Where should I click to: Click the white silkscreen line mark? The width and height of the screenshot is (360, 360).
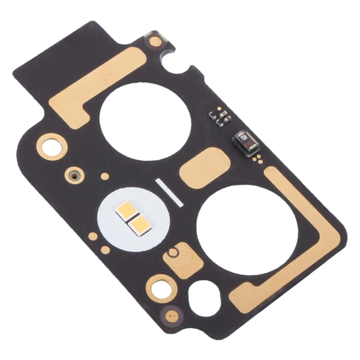click(169, 192)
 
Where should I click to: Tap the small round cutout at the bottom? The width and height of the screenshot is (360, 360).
click(205, 298)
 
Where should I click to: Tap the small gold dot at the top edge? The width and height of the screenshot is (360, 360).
click(155, 41)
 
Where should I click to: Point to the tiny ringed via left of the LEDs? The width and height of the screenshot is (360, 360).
click(74, 176)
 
